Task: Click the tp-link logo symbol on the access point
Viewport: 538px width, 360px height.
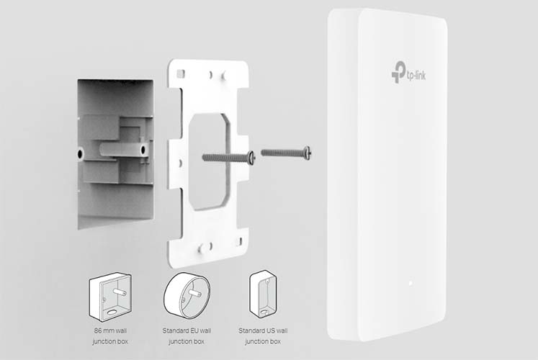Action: [x=398, y=72]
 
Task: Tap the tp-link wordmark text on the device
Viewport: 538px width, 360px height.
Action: [x=416, y=74]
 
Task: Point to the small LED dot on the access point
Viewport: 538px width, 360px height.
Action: [x=410, y=283]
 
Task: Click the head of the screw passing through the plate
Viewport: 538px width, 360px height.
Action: [x=251, y=158]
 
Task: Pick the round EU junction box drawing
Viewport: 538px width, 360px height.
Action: [x=187, y=296]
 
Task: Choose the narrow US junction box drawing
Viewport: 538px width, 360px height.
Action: [x=263, y=294]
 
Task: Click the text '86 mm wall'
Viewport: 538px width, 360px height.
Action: [x=110, y=331]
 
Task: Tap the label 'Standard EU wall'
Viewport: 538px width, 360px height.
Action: [x=187, y=331]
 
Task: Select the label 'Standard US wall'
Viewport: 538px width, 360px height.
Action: [x=263, y=331]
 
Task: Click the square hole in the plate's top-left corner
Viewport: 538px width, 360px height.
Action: [x=181, y=73]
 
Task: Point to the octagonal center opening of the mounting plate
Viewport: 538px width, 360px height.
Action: [x=208, y=161]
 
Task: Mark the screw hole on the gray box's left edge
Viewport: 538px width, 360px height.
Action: [x=81, y=153]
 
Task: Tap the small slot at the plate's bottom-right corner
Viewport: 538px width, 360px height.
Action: [x=240, y=241]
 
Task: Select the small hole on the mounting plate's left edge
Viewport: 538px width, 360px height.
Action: [x=180, y=163]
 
